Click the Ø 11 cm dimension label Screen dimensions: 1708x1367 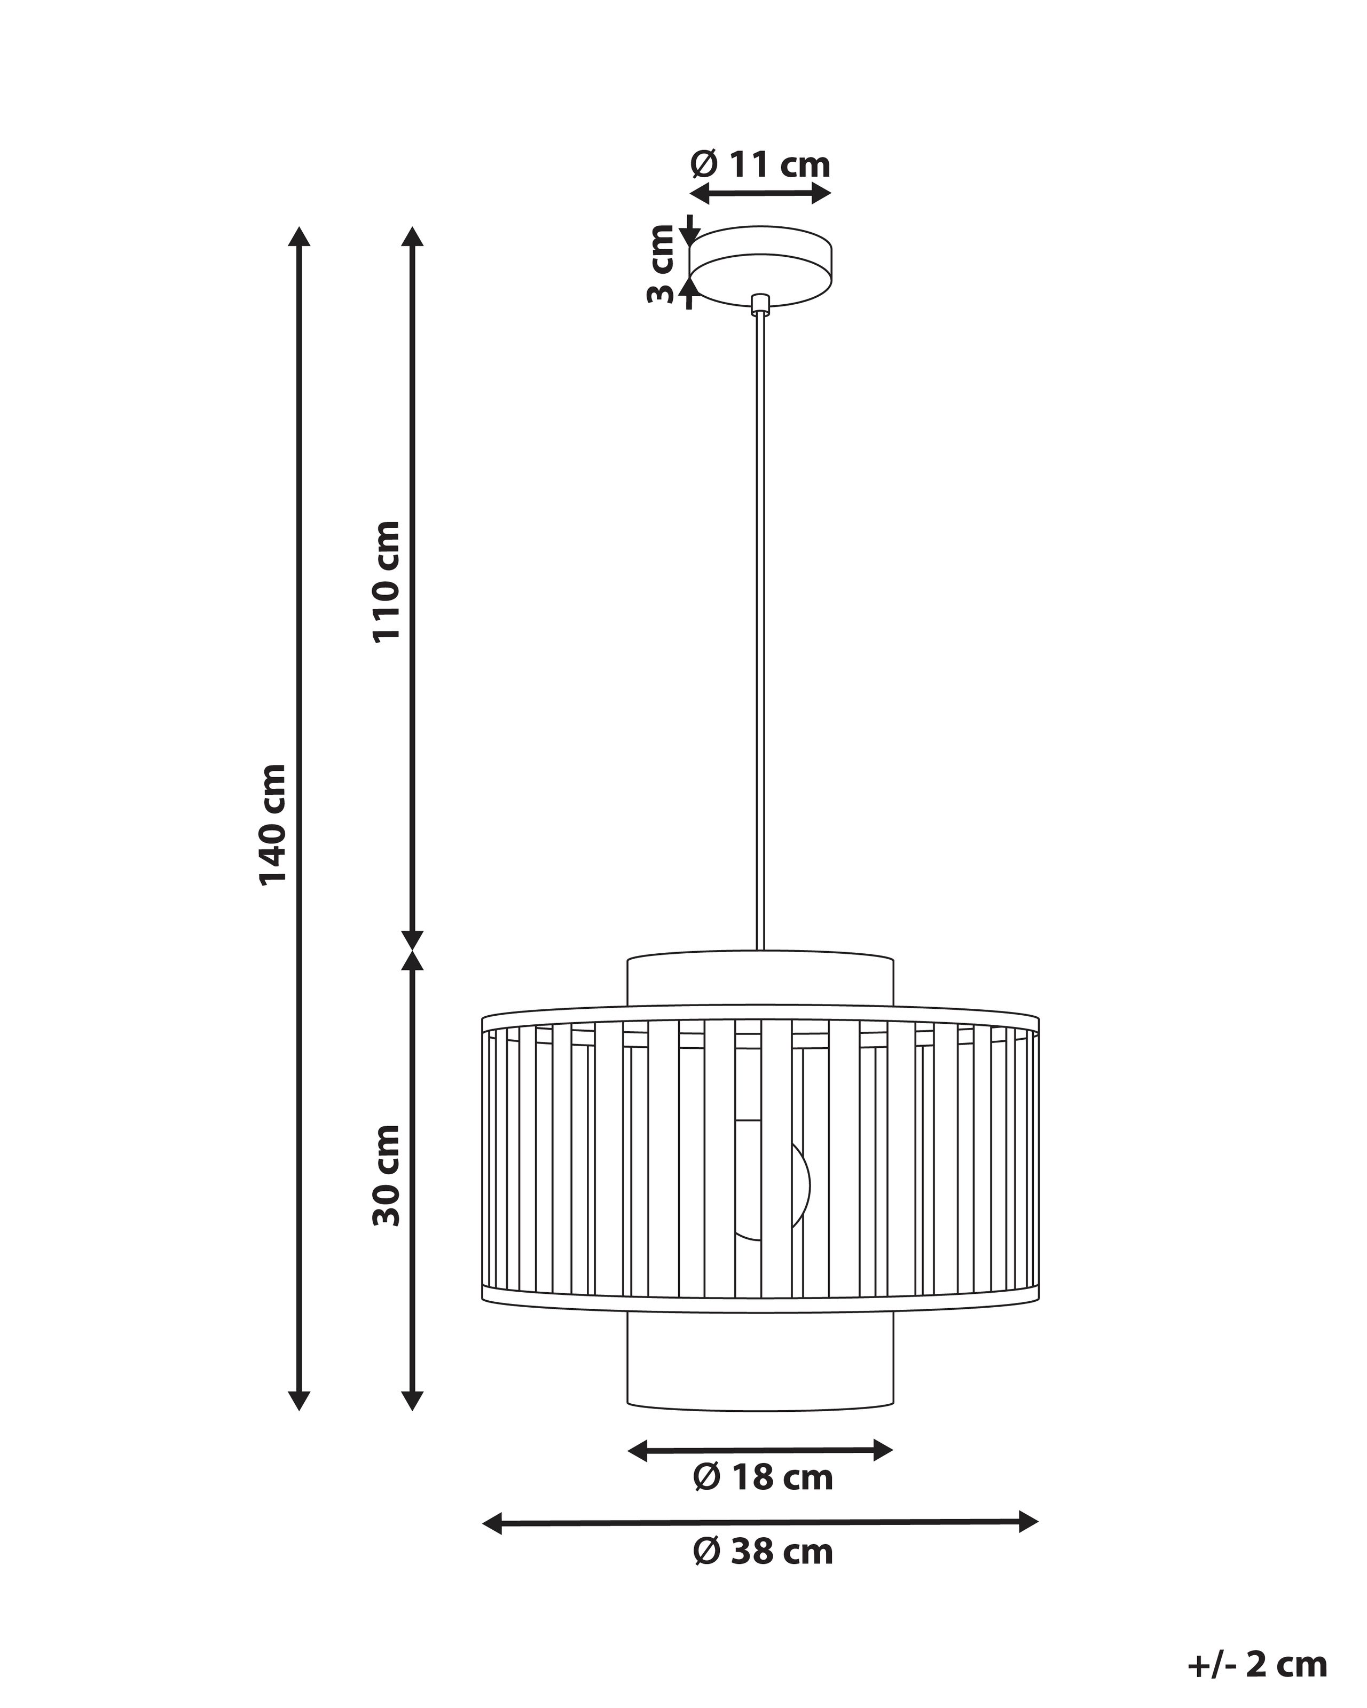click(760, 165)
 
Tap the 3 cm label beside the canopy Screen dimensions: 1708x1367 click(660, 263)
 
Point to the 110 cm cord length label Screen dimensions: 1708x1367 click(387, 581)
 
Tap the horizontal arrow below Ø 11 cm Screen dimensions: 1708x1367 click(760, 193)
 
